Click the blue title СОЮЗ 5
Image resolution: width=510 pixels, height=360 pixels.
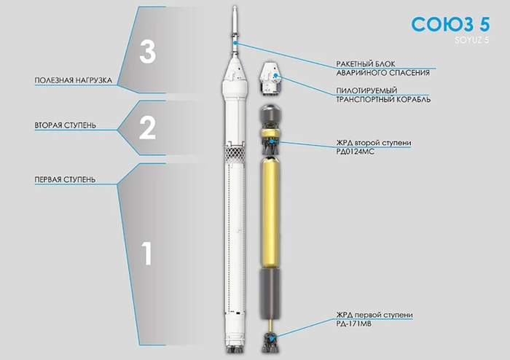[x=450, y=24]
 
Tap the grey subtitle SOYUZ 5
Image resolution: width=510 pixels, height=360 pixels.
[x=472, y=40]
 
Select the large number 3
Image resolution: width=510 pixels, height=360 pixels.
[x=148, y=52]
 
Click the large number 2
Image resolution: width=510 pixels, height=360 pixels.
[x=147, y=128]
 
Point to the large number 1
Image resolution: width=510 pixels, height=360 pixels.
[x=147, y=253]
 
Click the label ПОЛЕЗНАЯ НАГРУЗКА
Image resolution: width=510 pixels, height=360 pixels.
[x=74, y=80]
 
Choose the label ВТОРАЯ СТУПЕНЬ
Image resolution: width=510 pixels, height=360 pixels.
[x=66, y=125]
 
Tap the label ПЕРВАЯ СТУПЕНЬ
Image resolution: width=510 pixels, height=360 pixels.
[x=65, y=179]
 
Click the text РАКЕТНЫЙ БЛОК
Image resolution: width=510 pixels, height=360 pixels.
[x=366, y=63]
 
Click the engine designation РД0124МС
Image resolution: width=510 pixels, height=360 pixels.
[x=356, y=152]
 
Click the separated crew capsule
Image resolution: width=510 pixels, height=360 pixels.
[x=271, y=77]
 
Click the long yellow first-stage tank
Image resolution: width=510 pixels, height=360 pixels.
[x=270, y=212]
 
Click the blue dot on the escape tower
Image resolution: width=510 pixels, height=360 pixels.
[x=235, y=43]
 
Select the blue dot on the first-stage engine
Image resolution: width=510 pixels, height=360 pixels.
[x=271, y=338]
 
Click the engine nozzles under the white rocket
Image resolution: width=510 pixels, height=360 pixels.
[x=235, y=350]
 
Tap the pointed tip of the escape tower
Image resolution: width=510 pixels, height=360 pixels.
[x=235, y=6]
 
